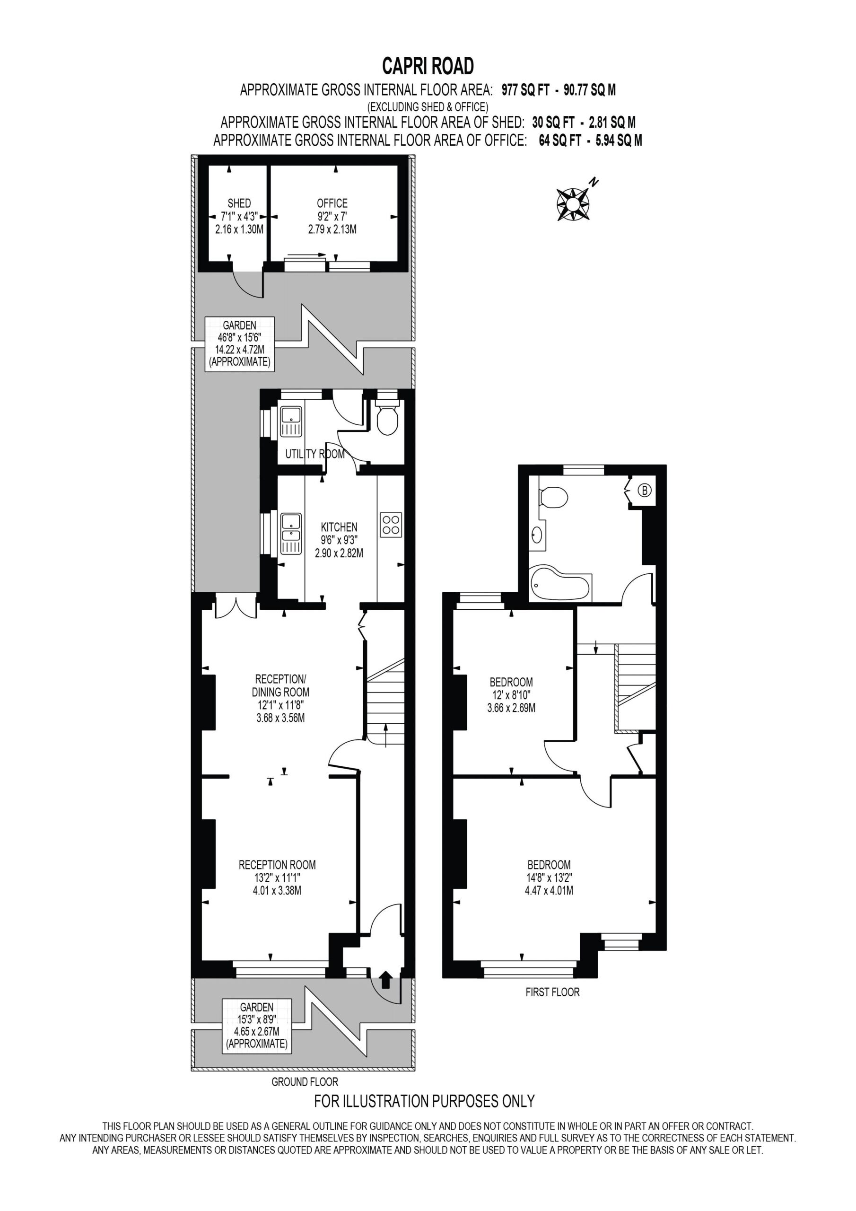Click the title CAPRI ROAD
(428, 66)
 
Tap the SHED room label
(239, 203)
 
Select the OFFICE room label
(332, 203)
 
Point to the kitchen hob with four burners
(391, 525)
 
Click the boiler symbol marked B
(644, 491)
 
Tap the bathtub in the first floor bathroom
(560, 584)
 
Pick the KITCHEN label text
(339, 527)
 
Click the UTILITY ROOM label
(315, 454)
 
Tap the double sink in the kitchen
(290, 534)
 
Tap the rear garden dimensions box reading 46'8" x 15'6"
(239, 344)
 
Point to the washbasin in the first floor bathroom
(537, 535)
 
